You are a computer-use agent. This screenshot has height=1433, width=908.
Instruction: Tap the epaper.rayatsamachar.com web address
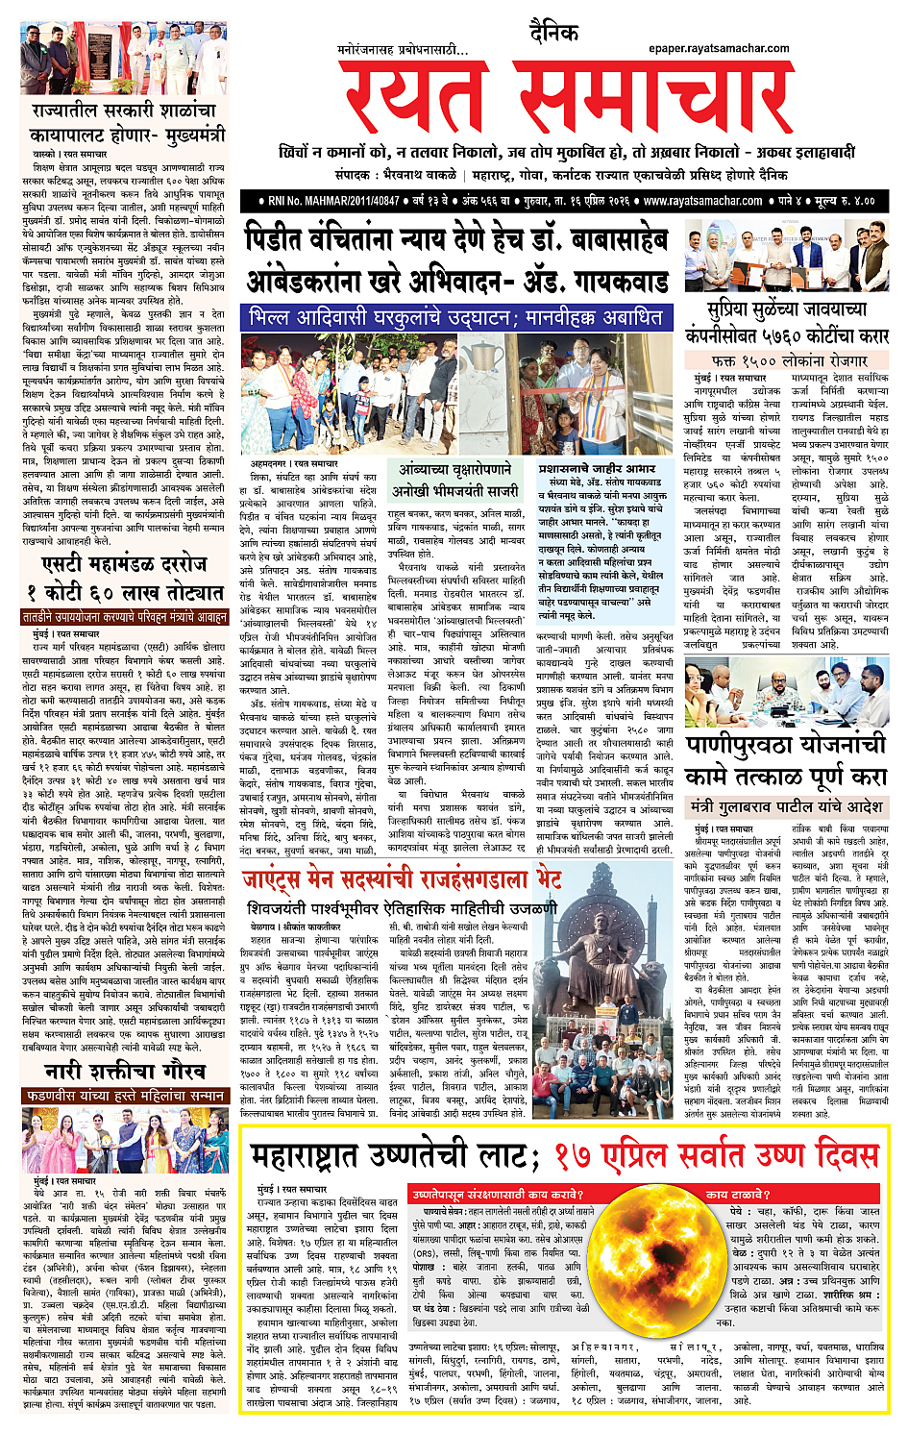click(x=719, y=48)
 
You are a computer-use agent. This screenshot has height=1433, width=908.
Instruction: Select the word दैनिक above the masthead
click(x=554, y=35)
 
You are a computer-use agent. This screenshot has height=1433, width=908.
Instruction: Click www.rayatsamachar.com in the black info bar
click(x=702, y=201)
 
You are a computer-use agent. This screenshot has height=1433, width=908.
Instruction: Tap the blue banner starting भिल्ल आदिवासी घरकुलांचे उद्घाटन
click(x=455, y=317)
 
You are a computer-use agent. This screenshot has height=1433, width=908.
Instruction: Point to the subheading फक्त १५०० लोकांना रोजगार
click(x=789, y=360)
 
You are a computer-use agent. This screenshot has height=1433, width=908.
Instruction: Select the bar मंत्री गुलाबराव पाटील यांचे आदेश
click(x=785, y=806)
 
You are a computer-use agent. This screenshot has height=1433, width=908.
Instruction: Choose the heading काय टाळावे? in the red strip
click(x=735, y=1194)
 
